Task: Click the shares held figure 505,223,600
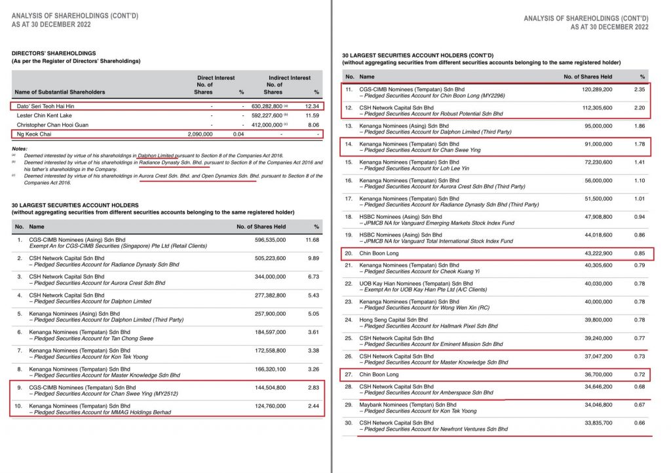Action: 266,258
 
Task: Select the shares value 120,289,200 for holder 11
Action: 594,88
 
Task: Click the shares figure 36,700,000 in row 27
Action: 596,375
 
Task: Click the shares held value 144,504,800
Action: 266,387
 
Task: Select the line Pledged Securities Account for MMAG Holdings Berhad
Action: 102,412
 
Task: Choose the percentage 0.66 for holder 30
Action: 639,423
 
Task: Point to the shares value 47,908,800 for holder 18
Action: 596,216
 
